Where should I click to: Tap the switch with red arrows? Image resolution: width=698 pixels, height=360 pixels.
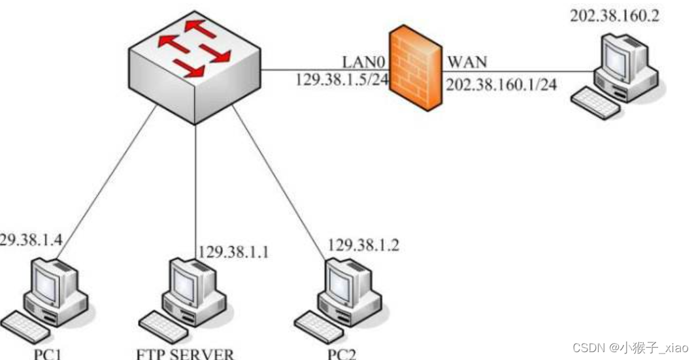195,65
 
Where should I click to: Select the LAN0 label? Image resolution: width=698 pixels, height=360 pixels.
365,63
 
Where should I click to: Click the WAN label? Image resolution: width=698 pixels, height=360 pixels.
467,63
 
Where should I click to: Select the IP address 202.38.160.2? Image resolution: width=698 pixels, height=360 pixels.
614,15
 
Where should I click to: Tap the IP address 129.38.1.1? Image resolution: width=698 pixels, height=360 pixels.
233,252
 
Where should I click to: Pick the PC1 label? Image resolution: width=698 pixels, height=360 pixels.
49,355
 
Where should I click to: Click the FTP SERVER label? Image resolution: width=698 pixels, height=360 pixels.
185,355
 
